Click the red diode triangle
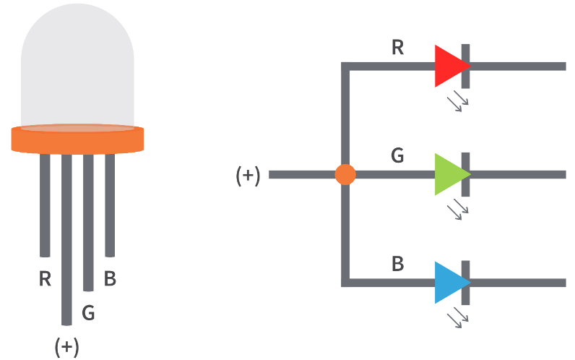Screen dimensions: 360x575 pyautogui.click(x=449, y=66)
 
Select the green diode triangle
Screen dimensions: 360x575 pyautogui.click(x=449, y=174)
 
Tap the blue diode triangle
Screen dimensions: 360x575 pyautogui.click(x=449, y=282)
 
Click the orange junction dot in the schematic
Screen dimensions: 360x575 pyautogui.click(x=345, y=174)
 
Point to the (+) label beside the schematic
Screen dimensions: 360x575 pyautogui.click(x=248, y=176)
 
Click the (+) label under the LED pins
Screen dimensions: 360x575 pyautogui.click(x=66, y=347)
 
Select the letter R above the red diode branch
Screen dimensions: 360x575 pyautogui.click(x=398, y=48)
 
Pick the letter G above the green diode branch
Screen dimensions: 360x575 pyautogui.click(x=397, y=156)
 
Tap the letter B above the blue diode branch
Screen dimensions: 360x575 pyautogui.click(x=397, y=264)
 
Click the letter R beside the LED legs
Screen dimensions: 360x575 pyautogui.click(x=45, y=278)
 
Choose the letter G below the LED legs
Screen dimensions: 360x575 pyautogui.click(x=88, y=313)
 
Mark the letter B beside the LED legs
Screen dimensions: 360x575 pyautogui.click(x=110, y=278)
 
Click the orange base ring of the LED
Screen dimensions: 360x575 pyautogui.click(x=77, y=139)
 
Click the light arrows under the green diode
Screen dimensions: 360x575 pyautogui.click(x=458, y=210)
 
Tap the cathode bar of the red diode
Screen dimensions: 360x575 pyautogui.click(x=466, y=66)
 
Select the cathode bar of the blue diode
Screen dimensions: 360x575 pyautogui.click(x=466, y=282)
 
